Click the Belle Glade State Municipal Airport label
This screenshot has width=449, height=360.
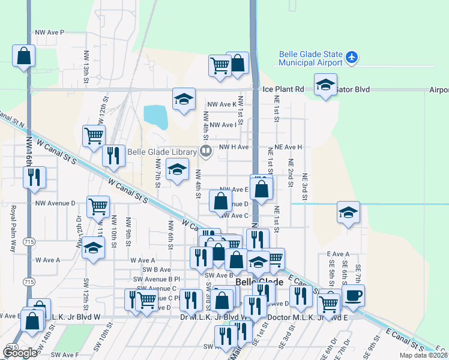coord(310,58)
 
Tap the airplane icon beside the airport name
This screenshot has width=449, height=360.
coord(351,58)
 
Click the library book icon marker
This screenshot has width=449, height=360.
coord(205,151)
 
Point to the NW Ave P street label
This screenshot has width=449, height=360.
coord(58,32)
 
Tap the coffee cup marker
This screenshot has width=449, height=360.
coord(354,295)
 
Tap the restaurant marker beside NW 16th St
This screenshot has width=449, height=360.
coord(34,177)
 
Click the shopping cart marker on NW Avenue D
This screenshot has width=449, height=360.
coord(98,206)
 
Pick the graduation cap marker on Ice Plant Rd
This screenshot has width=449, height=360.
coord(325,85)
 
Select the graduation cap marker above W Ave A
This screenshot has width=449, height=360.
coord(92,248)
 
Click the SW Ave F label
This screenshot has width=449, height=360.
coord(65,355)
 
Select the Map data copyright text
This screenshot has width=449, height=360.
coord(423,355)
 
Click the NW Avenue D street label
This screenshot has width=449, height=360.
coord(55,203)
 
